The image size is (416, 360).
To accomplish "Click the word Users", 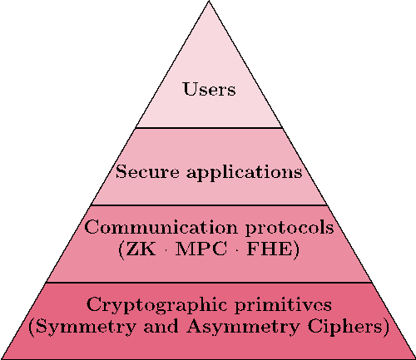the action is [210, 89].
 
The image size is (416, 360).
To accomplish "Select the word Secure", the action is [147, 171].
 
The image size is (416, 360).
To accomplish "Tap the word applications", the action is [245, 173].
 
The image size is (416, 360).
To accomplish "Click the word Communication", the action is [161, 227].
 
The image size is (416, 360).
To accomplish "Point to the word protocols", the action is [290, 228].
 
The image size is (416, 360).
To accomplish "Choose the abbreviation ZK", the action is [141, 249].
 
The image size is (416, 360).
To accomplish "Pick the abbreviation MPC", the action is [201, 249].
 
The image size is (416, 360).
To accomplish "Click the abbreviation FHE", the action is [270, 249].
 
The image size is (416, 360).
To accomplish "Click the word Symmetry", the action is [86, 328].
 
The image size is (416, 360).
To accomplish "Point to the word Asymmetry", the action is [243, 328].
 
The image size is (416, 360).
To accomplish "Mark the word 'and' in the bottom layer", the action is [161, 326].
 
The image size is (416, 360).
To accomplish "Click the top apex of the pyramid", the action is [209, 1].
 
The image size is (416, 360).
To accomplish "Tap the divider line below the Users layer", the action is [209, 128].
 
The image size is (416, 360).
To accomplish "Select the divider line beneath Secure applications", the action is [209, 205].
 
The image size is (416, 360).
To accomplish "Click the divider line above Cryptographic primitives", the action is [209, 283].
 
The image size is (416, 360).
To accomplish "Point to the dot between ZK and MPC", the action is [166, 249].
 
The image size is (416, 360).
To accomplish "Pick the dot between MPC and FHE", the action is [237, 249].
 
